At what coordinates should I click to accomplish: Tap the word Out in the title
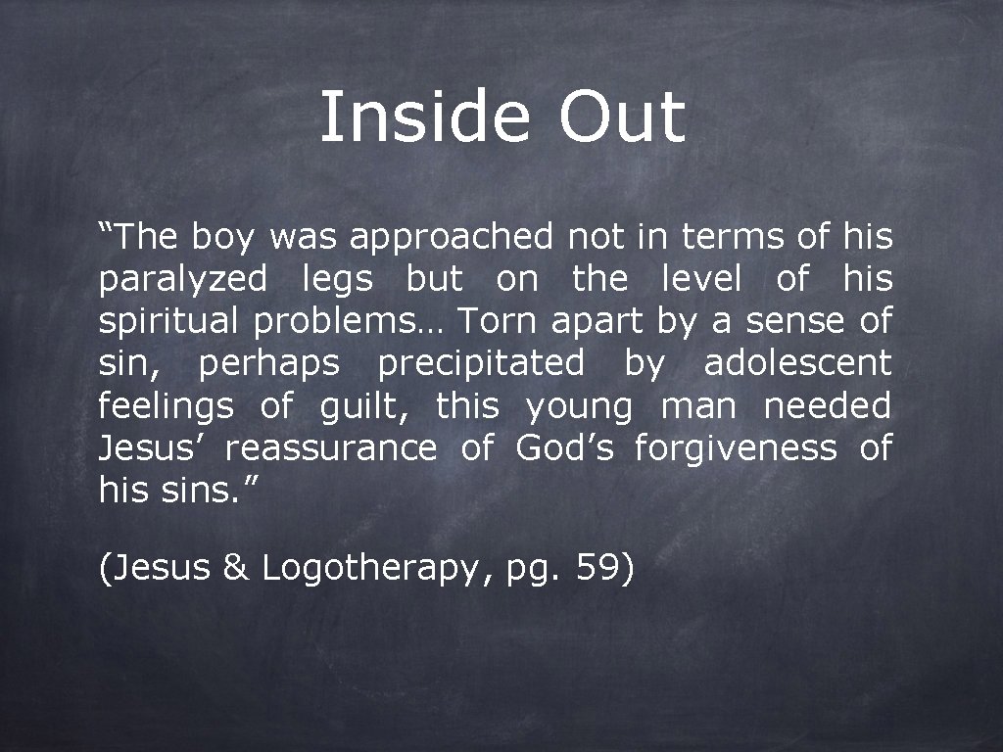(x=622, y=117)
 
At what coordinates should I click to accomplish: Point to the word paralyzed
(x=182, y=281)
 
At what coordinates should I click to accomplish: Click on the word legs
(x=337, y=281)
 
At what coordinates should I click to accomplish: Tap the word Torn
(x=498, y=321)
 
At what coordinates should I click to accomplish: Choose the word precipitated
(x=480, y=365)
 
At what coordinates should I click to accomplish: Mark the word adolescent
(x=798, y=364)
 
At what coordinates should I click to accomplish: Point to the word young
(x=581, y=407)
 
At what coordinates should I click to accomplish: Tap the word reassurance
(x=331, y=449)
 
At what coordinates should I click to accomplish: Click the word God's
(x=565, y=448)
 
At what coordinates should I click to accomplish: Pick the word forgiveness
(x=736, y=449)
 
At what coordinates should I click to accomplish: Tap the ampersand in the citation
(x=236, y=567)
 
